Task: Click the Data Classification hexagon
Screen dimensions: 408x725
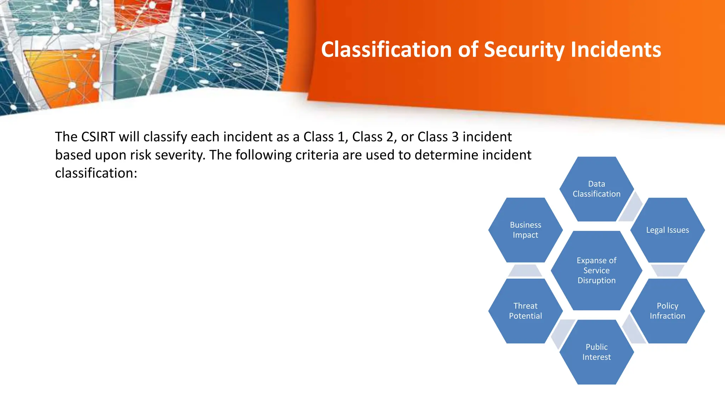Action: pos(596,189)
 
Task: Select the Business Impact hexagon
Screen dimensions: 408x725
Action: pos(525,230)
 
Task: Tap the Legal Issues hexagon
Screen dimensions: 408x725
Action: pos(667,230)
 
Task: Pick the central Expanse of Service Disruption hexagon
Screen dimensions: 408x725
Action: pos(596,270)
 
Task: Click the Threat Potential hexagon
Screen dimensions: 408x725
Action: pos(525,311)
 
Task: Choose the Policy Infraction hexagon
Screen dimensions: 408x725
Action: pos(667,311)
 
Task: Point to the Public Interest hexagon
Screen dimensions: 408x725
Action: pos(596,352)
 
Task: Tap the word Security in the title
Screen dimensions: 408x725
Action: pos(524,49)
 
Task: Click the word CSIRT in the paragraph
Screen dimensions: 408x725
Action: pos(98,137)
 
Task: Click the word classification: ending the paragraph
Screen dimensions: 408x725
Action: pos(96,173)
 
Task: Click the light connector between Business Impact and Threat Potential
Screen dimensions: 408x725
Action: pos(525,271)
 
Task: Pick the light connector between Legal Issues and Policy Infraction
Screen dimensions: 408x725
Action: pos(667,270)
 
